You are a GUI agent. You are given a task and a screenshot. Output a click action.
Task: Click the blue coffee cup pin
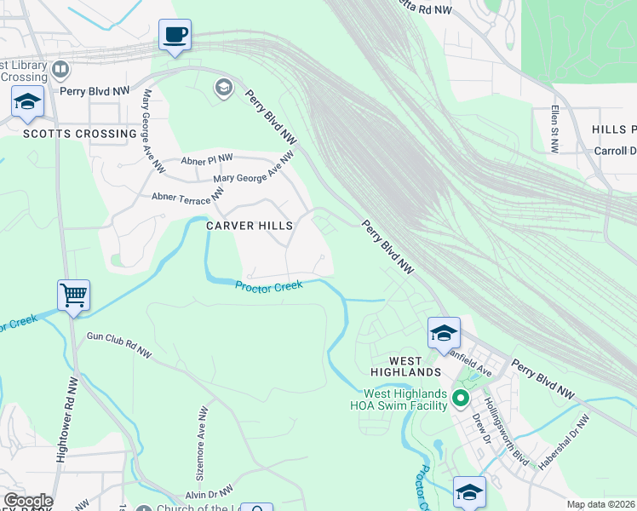pos(175,36)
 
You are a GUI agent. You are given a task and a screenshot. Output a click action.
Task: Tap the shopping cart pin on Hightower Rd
pos(73,296)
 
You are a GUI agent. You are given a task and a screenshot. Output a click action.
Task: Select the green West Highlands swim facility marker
pos(461,398)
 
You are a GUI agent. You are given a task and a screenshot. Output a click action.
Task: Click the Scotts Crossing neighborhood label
pos(68,134)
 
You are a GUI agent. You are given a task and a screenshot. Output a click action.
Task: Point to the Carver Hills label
pos(250,226)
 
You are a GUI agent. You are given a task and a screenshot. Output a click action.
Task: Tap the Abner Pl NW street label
pos(207,159)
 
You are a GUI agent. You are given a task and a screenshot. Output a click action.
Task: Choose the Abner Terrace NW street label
pos(187,197)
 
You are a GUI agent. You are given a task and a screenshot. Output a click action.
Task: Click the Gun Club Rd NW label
pos(119,344)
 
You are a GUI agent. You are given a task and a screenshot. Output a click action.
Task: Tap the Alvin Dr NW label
pos(209,493)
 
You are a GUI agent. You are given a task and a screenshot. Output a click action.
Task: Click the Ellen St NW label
pos(554,129)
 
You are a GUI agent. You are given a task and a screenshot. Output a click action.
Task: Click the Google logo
pos(27,501)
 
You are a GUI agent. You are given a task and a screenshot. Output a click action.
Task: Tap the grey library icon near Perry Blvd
pos(60,69)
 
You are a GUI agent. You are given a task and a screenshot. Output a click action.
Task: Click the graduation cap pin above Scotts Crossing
pos(27,103)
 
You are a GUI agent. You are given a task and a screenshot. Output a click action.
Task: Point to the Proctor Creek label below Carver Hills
pos(269,288)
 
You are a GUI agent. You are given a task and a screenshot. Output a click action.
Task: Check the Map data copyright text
pos(600,504)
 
